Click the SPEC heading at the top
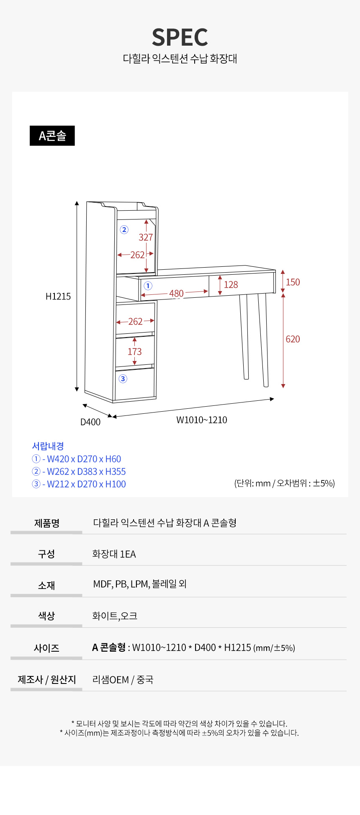pos(180,37)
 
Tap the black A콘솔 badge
pos(52,136)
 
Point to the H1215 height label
pos(58,297)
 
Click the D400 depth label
pos(90,422)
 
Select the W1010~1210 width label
pos(202,420)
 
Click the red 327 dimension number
pos(146,237)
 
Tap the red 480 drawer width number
pos(177,294)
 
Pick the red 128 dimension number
pos(231,285)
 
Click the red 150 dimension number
pos(293,282)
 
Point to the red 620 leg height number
pos(293,339)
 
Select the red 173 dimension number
pos(135,352)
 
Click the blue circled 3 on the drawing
pos(123,379)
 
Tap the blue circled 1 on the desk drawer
pos(148,286)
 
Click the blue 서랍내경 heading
pos(48,446)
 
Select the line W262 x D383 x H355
pos(79,472)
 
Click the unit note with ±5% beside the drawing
pos(285,483)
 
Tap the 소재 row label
pos(46,585)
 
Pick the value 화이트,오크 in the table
pos(115,616)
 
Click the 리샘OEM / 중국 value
pos(123,679)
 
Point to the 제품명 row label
pos(47,523)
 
